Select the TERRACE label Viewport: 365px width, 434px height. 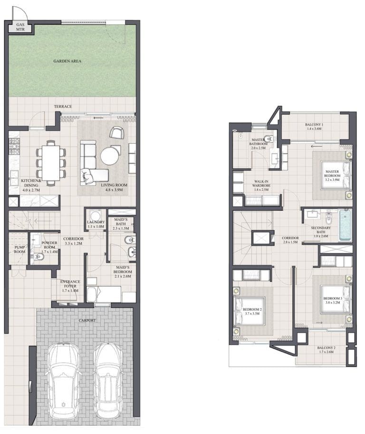(x=63, y=107)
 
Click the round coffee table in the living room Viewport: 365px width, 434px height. (x=111, y=156)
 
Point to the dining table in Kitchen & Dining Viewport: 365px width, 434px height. (x=51, y=162)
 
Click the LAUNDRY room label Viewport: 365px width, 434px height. (x=96, y=224)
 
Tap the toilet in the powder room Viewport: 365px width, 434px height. (x=39, y=257)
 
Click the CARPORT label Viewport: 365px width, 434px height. (x=87, y=320)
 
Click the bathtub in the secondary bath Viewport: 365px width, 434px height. (x=345, y=225)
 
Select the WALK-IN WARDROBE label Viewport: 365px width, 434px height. (x=261, y=185)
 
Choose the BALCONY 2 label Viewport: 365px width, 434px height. (x=327, y=350)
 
